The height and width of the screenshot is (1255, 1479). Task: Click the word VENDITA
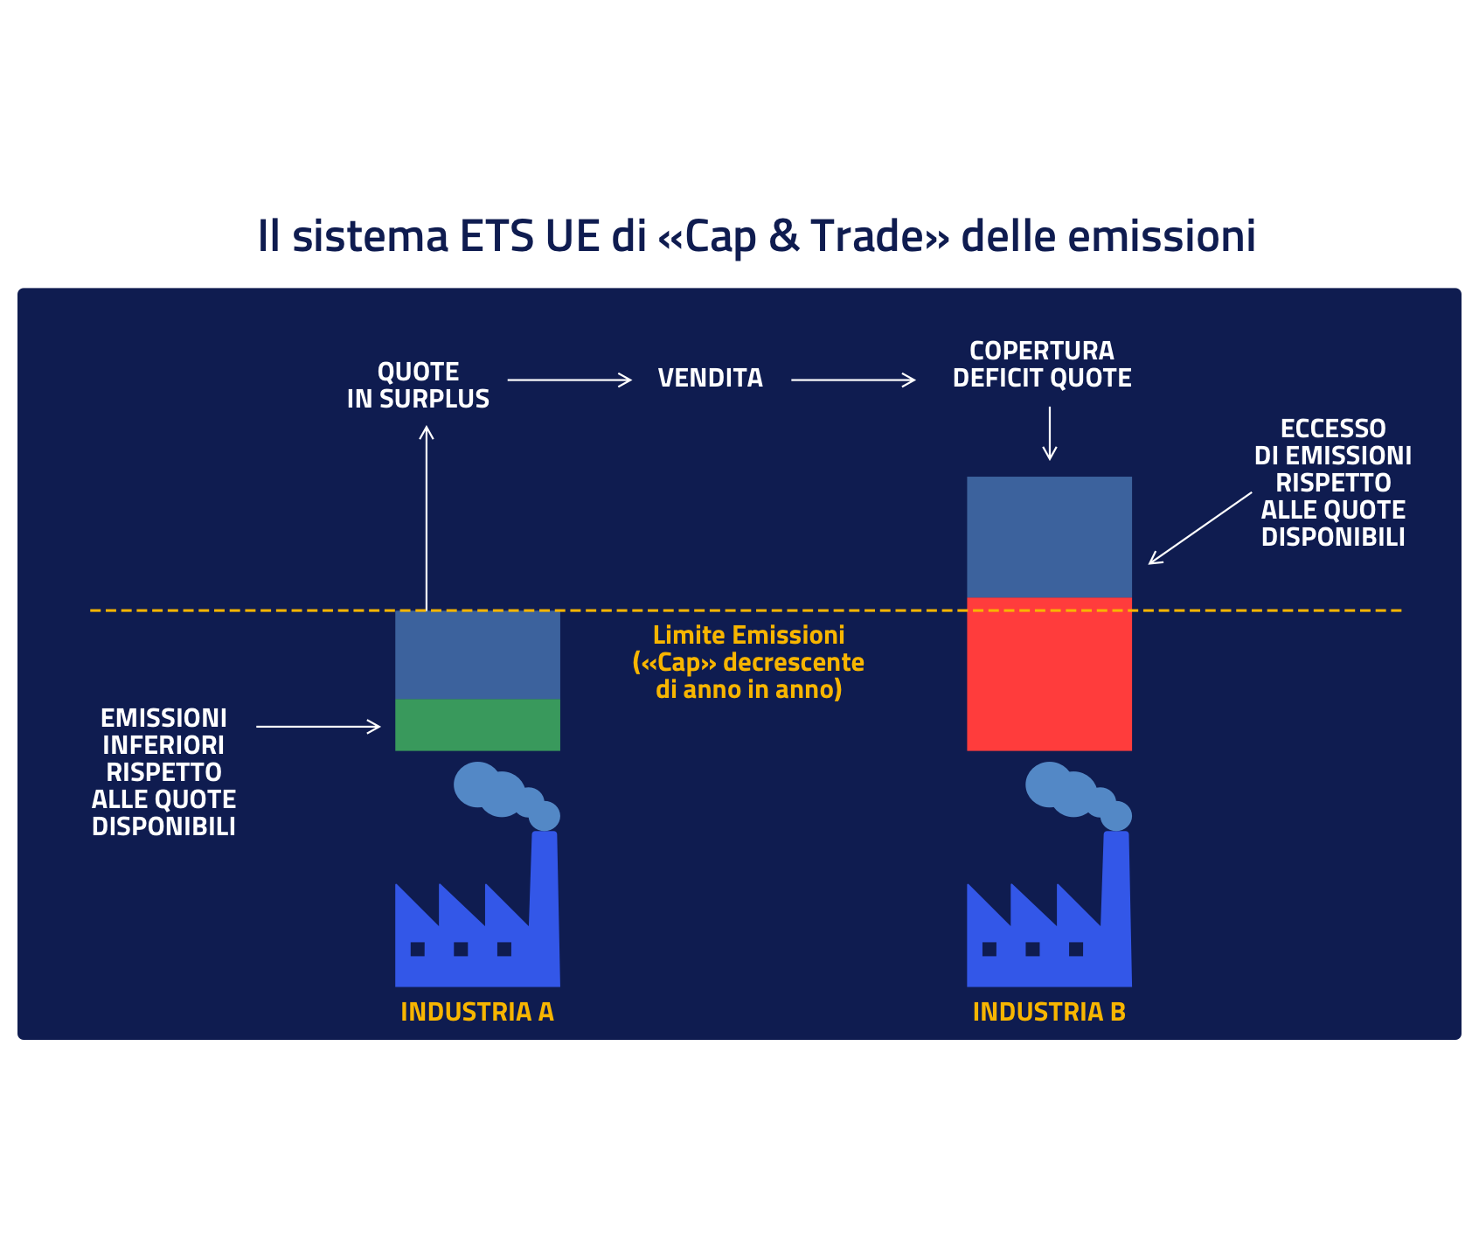coord(710,379)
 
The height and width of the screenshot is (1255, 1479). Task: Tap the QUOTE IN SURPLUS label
coord(418,386)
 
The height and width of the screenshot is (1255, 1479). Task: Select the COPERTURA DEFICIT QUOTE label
coord(1041,366)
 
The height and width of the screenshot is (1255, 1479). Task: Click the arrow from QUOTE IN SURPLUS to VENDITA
coord(569,380)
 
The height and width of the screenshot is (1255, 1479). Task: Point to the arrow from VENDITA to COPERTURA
coord(852,380)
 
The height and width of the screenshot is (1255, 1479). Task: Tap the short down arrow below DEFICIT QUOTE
coord(1049,434)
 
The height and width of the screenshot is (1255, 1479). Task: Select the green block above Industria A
coord(477,725)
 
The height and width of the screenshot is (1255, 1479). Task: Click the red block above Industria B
coord(1049,674)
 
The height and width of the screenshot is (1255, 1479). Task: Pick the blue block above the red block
coord(1049,537)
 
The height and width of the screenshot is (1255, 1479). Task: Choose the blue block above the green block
coord(477,655)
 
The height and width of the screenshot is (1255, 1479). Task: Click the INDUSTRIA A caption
coord(477,1012)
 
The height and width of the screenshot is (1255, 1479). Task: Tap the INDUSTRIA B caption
coord(1049,1012)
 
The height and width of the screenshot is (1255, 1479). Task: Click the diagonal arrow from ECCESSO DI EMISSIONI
coord(1199,528)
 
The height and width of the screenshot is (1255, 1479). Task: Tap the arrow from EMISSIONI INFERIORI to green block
coord(318,726)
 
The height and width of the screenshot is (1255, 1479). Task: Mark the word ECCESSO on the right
coord(1332,429)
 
